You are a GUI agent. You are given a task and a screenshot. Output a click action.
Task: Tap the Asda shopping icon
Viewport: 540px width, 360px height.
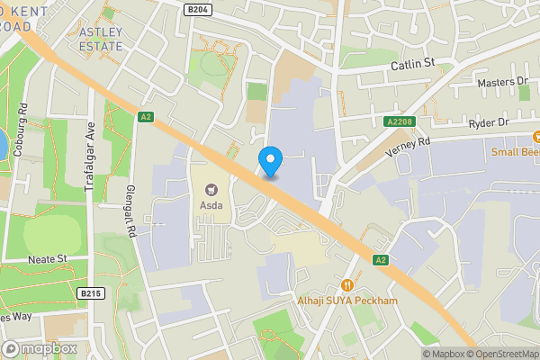point(213,189)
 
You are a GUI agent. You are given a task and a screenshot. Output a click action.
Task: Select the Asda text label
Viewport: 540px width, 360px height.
point(213,205)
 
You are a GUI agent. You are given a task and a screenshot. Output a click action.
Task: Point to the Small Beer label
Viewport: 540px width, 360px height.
point(516,151)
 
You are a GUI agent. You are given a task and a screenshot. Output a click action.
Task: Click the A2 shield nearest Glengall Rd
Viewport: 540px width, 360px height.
point(146,116)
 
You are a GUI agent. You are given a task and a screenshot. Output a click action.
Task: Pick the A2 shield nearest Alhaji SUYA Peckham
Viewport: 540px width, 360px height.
point(381,260)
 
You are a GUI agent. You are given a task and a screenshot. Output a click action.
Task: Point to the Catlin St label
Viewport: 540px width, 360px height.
point(412,64)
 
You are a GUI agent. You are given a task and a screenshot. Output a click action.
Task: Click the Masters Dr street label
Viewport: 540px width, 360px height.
point(502,81)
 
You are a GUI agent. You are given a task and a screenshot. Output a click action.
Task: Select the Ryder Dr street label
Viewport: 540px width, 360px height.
point(489,121)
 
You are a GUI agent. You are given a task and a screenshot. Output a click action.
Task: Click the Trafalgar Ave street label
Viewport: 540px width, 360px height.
point(91,153)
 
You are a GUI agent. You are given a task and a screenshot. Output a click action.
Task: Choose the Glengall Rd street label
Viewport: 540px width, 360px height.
point(131,216)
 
